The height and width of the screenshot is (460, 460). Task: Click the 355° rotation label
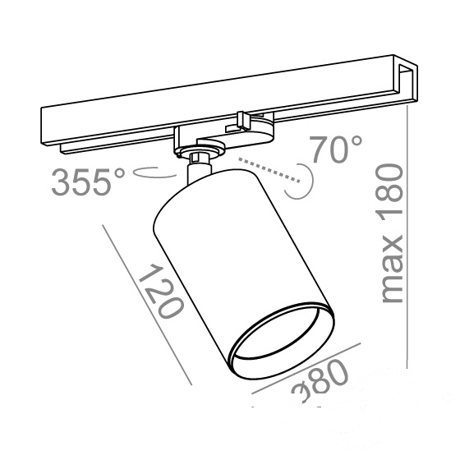pyautogui.click(x=89, y=182)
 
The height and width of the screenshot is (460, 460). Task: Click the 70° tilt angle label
pyautogui.click(x=336, y=149)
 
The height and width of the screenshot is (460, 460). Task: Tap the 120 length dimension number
pyautogui.click(x=161, y=291)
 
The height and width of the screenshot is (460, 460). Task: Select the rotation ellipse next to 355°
pyautogui.click(x=155, y=174)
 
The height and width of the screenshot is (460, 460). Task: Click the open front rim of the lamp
pyautogui.click(x=281, y=340)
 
